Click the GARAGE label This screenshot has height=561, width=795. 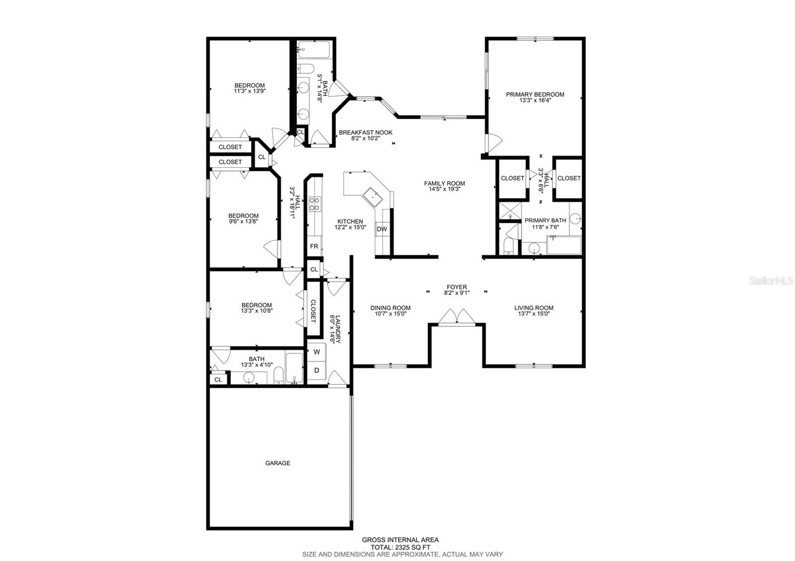coord(277,463)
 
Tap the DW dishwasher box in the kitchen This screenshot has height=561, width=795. coord(382,229)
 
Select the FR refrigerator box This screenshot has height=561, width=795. coord(314,246)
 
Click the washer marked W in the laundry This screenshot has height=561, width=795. coord(317,352)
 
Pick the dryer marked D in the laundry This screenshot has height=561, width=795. coord(317,370)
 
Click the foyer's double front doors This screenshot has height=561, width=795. coord(457,317)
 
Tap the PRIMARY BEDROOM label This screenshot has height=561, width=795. coord(535,94)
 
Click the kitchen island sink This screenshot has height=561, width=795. coord(373,197)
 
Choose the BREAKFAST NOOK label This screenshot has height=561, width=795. coord(365,133)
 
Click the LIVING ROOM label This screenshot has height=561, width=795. coord(534,308)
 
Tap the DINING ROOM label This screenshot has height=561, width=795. coord(390,308)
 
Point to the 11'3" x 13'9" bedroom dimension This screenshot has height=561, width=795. coord(249,91)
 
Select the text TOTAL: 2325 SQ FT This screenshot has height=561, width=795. coord(400,547)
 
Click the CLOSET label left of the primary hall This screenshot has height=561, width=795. coord(512,178)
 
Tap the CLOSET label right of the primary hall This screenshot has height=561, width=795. coord(569,178)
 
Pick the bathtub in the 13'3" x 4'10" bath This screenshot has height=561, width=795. coord(295,368)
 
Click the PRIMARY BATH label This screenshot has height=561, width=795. coord(545,220)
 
